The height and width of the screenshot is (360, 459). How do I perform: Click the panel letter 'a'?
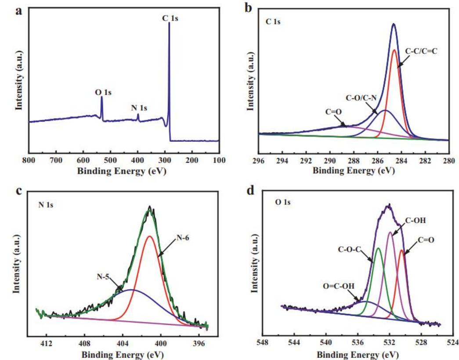18,11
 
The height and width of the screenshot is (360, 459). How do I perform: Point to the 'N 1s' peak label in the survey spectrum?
139,108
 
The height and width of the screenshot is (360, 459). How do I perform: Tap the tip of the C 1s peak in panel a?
169,23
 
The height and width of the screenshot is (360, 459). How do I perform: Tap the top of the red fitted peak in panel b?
394,50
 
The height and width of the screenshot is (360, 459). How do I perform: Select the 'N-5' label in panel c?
104,277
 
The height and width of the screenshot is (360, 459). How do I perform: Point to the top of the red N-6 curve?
150,236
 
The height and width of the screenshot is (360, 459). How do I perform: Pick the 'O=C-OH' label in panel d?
339,286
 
